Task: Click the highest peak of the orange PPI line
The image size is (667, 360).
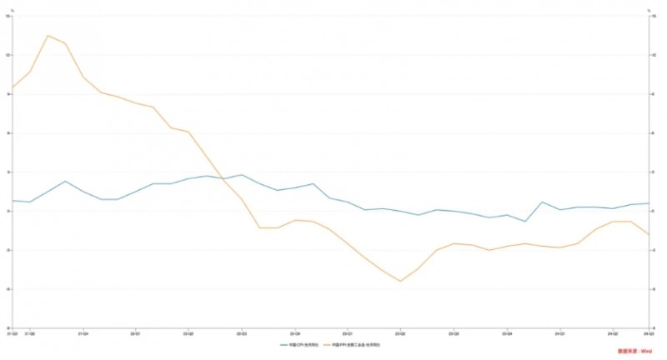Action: (48, 35)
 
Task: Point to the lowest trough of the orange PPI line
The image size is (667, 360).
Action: (400, 281)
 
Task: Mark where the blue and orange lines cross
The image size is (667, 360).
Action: (225, 179)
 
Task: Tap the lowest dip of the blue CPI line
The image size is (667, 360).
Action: (524, 222)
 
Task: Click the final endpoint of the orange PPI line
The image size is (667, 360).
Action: (649, 235)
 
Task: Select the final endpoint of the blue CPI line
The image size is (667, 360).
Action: (649, 203)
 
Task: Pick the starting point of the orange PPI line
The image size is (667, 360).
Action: (12, 87)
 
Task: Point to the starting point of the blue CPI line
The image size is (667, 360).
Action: (12, 200)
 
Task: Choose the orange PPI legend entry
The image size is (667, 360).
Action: (355, 344)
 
